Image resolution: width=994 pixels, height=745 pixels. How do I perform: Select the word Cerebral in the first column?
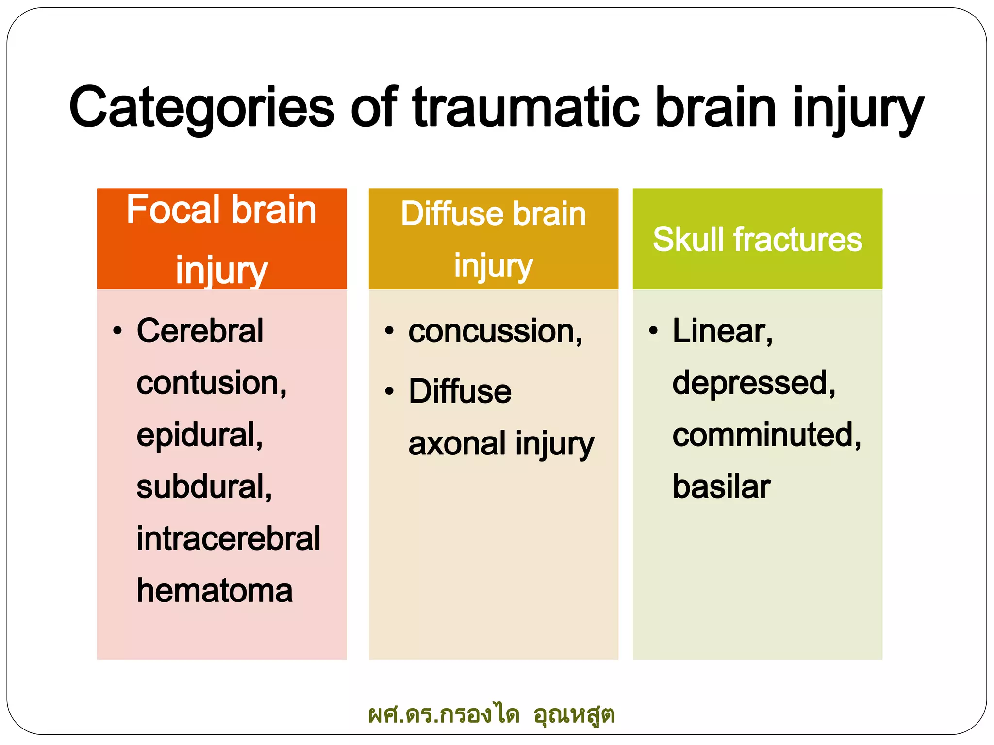[x=200, y=331]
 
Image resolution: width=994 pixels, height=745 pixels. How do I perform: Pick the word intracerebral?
[x=228, y=538]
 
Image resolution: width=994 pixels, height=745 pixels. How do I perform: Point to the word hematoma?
[x=215, y=591]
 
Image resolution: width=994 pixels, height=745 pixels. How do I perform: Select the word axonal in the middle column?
[x=457, y=443]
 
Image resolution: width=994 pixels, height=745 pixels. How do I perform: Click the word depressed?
[x=753, y=383]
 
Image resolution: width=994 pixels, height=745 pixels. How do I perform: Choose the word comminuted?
[x=766, y=435]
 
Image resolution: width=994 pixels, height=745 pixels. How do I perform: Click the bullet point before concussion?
[x=389, y=331]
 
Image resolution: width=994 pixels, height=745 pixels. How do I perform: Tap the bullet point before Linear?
[x=653, y=331]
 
